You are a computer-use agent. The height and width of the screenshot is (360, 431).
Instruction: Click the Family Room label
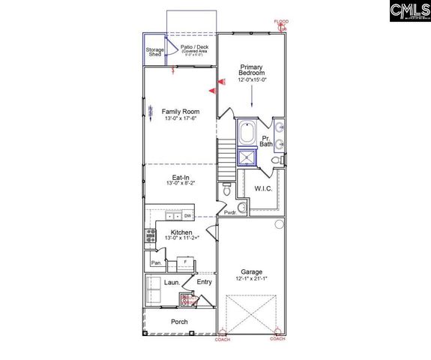point(180,112)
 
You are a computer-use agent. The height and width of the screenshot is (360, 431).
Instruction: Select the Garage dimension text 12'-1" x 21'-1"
point(251,279)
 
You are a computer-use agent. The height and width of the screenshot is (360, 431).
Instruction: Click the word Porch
point(179,322)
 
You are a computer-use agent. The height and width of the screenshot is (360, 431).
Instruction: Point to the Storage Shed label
point(155,52)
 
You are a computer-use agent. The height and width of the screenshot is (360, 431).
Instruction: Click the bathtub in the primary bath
point(247,134)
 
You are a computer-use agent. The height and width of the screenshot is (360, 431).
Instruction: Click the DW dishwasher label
point(188,216)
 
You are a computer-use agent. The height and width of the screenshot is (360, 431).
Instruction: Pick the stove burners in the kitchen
point(150,237)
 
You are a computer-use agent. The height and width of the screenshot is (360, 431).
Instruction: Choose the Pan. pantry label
point(157,263)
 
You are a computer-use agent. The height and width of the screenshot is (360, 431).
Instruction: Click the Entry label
point(204,282)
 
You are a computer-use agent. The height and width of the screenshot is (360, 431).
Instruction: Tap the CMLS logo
point(408,10)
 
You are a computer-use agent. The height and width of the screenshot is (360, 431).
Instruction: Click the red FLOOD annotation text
point(281,22)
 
